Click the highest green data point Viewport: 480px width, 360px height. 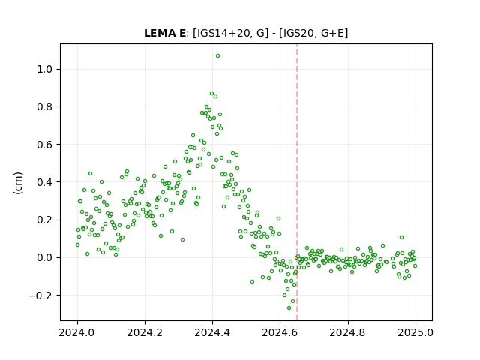point(217,56)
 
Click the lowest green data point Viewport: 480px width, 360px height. point(289,308)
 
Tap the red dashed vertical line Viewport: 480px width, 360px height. point(297,182)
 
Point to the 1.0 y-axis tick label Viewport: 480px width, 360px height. point(45,70)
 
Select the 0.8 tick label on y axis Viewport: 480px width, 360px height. point(45,107)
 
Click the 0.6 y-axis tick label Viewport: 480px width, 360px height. point(45,145)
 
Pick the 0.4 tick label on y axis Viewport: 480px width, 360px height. point(45,182)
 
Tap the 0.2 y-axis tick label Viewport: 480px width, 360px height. point(45,220)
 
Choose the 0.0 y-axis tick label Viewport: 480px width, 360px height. point(45,258)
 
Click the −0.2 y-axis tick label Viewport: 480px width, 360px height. point(40,295)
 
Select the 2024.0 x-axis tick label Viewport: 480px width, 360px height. point(77,332)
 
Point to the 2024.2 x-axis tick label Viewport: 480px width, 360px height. point(145,332)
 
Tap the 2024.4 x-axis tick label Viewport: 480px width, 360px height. point(212,332)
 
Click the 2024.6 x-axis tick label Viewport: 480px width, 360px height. point(280,332)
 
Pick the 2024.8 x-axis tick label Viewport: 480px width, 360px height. point(348,332)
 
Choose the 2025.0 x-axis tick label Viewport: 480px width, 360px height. point(415,332)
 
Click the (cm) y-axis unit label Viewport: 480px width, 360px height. point(18,183)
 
